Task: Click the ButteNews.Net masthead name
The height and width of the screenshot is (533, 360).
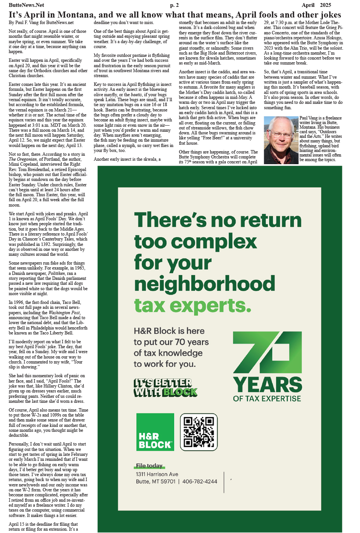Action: (26, 5)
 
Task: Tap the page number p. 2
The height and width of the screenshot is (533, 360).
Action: (174, 5)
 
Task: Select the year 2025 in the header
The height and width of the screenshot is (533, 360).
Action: (325, 5)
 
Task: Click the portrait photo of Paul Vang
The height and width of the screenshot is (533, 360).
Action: (281, 140)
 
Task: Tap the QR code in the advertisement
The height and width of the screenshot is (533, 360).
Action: (199, 432)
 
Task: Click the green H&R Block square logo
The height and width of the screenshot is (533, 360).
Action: (155, 432)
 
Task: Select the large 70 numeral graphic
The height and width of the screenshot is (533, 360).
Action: (267, 352)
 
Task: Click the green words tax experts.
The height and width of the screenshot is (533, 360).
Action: (192, 306)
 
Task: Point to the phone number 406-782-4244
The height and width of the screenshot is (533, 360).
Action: (200, 481)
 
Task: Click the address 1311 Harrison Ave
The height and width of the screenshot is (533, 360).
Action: (157, 474)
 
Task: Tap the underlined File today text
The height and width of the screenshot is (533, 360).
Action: (149, 466)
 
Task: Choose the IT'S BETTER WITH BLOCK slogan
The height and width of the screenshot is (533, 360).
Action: (165, 388)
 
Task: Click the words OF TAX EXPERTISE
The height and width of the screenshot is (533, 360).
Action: (267, 399)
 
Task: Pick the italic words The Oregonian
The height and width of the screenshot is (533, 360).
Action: (23, 159)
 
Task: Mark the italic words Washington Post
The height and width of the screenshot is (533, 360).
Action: (64, 313)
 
